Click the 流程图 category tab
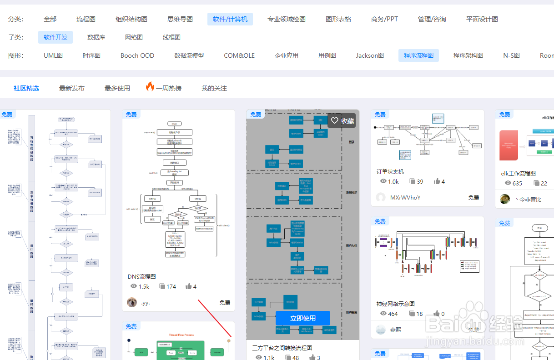pos(86,19)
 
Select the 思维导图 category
pos(180,19)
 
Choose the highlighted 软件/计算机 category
pos(230,19)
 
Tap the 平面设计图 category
pos(482,19)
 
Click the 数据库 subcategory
pos(96,37)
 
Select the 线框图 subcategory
pos(171,37)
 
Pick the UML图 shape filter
pos(53,55)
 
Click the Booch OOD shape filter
pos(137,55)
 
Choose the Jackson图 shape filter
pos(370,55)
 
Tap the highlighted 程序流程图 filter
pos(418,55)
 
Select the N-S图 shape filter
pos(511,55)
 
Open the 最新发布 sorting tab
pos(72,88)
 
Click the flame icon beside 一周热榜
pos(150,87)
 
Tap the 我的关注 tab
pos(214,88)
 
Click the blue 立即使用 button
pos(303,318)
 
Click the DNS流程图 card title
pos(142,276)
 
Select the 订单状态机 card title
pos(390,171)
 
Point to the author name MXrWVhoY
pos(405,198)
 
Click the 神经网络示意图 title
pos(395,304)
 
